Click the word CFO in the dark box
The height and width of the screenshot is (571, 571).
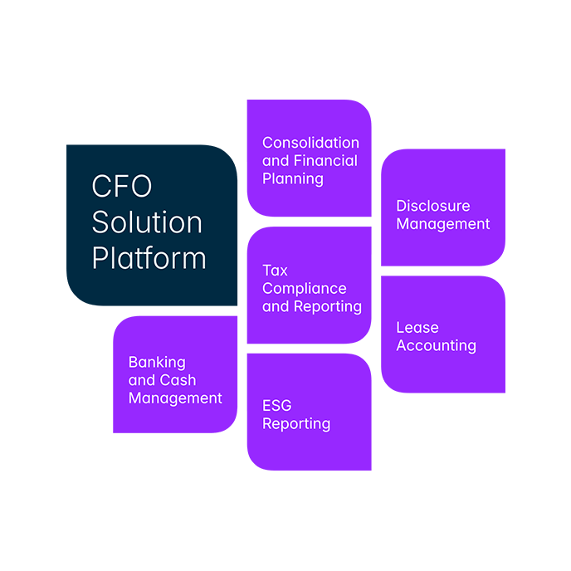tap(121, 187)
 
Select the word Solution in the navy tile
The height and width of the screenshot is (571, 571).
tap(147, 222)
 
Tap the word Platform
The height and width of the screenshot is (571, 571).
tap(149, 258)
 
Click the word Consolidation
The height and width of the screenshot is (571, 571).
tap(310, 143)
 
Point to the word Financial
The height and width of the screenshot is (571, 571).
tap(325, 161)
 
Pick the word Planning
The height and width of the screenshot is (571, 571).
tap(293, 179)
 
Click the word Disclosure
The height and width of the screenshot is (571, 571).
tap(432, 206)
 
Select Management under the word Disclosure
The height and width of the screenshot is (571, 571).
tap(442, 224)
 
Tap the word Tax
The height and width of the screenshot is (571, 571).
tap(275, 271)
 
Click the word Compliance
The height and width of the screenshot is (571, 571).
tap(304, 289)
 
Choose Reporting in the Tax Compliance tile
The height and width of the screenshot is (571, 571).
tap(328, 306)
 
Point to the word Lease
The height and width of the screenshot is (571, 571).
tap(417, 328)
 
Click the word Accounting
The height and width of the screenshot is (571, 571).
tap(436, 346)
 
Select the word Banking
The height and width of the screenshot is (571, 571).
tap(157, 363)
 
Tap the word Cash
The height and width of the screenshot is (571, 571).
tap(178, 380)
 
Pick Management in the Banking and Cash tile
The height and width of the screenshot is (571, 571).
tap(175, 398)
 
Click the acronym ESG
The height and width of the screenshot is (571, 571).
tap(276, 406)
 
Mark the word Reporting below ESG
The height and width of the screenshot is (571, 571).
tap(296, 424)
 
